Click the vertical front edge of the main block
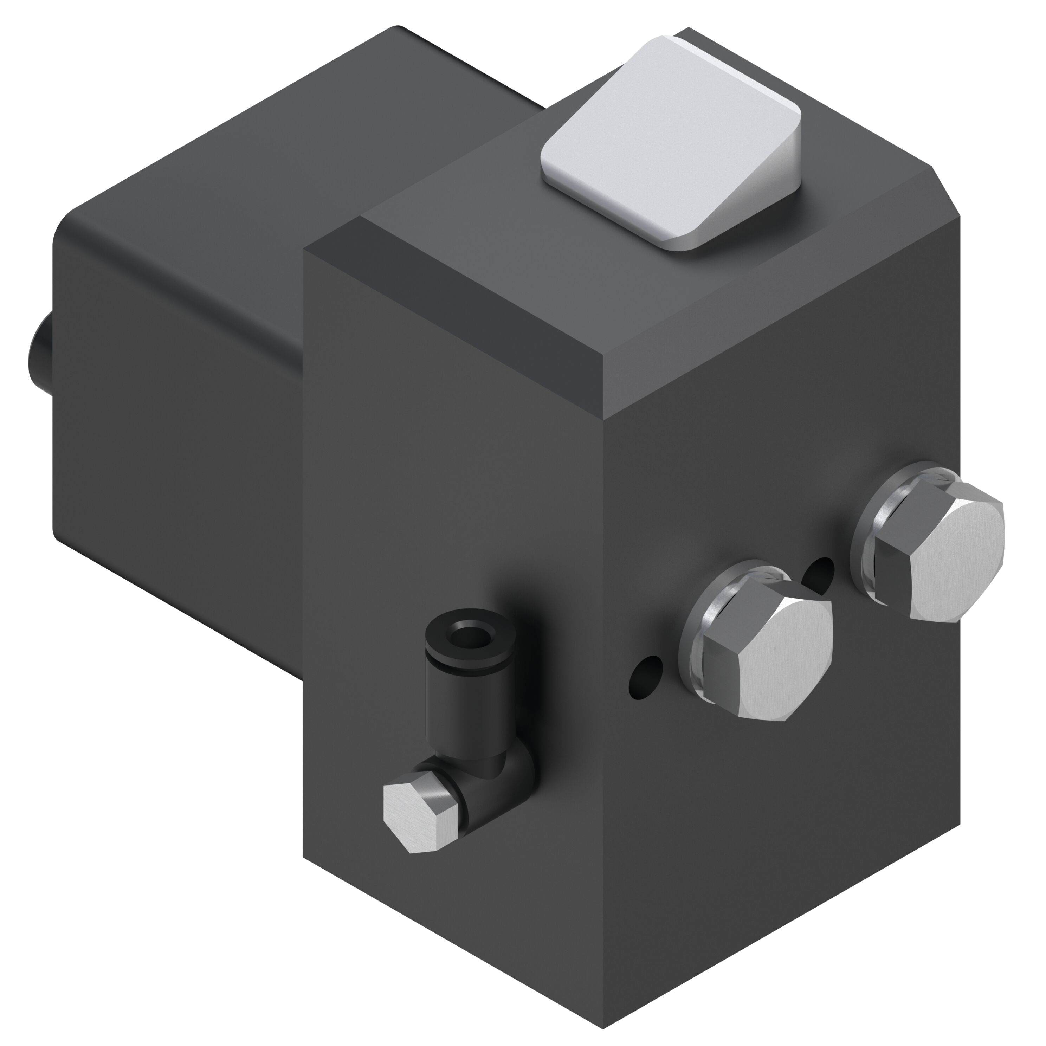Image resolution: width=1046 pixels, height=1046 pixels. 604,704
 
